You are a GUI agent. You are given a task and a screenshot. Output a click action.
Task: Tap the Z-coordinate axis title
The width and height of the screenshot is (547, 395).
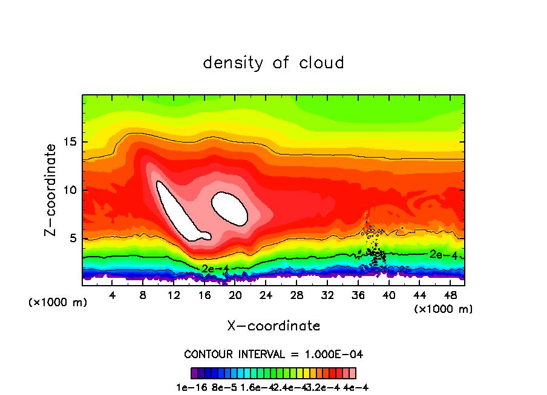point(51,190)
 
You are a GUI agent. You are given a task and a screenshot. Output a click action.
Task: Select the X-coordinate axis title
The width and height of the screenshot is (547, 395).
point(273,326)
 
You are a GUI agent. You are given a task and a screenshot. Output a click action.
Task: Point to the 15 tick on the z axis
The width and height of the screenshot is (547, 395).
point(70,142)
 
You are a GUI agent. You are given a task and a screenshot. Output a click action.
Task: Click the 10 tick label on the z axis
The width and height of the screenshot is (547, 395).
point(70,190)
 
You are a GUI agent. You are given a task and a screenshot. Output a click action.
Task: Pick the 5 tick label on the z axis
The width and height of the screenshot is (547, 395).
point(73,238)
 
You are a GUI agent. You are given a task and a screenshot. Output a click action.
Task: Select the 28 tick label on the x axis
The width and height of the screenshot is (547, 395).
point(296,295)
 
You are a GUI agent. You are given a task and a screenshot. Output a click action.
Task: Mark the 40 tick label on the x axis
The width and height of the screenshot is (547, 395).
point(388,295)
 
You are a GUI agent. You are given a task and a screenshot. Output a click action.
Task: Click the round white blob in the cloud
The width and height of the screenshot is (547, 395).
point(229,208)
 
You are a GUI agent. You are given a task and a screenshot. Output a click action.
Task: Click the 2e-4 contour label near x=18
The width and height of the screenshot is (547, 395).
point(215,268)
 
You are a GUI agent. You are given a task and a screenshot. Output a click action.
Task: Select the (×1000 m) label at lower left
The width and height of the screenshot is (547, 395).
point(57,303)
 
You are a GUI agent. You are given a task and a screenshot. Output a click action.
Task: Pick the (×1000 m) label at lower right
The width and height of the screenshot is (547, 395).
point(444,309)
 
